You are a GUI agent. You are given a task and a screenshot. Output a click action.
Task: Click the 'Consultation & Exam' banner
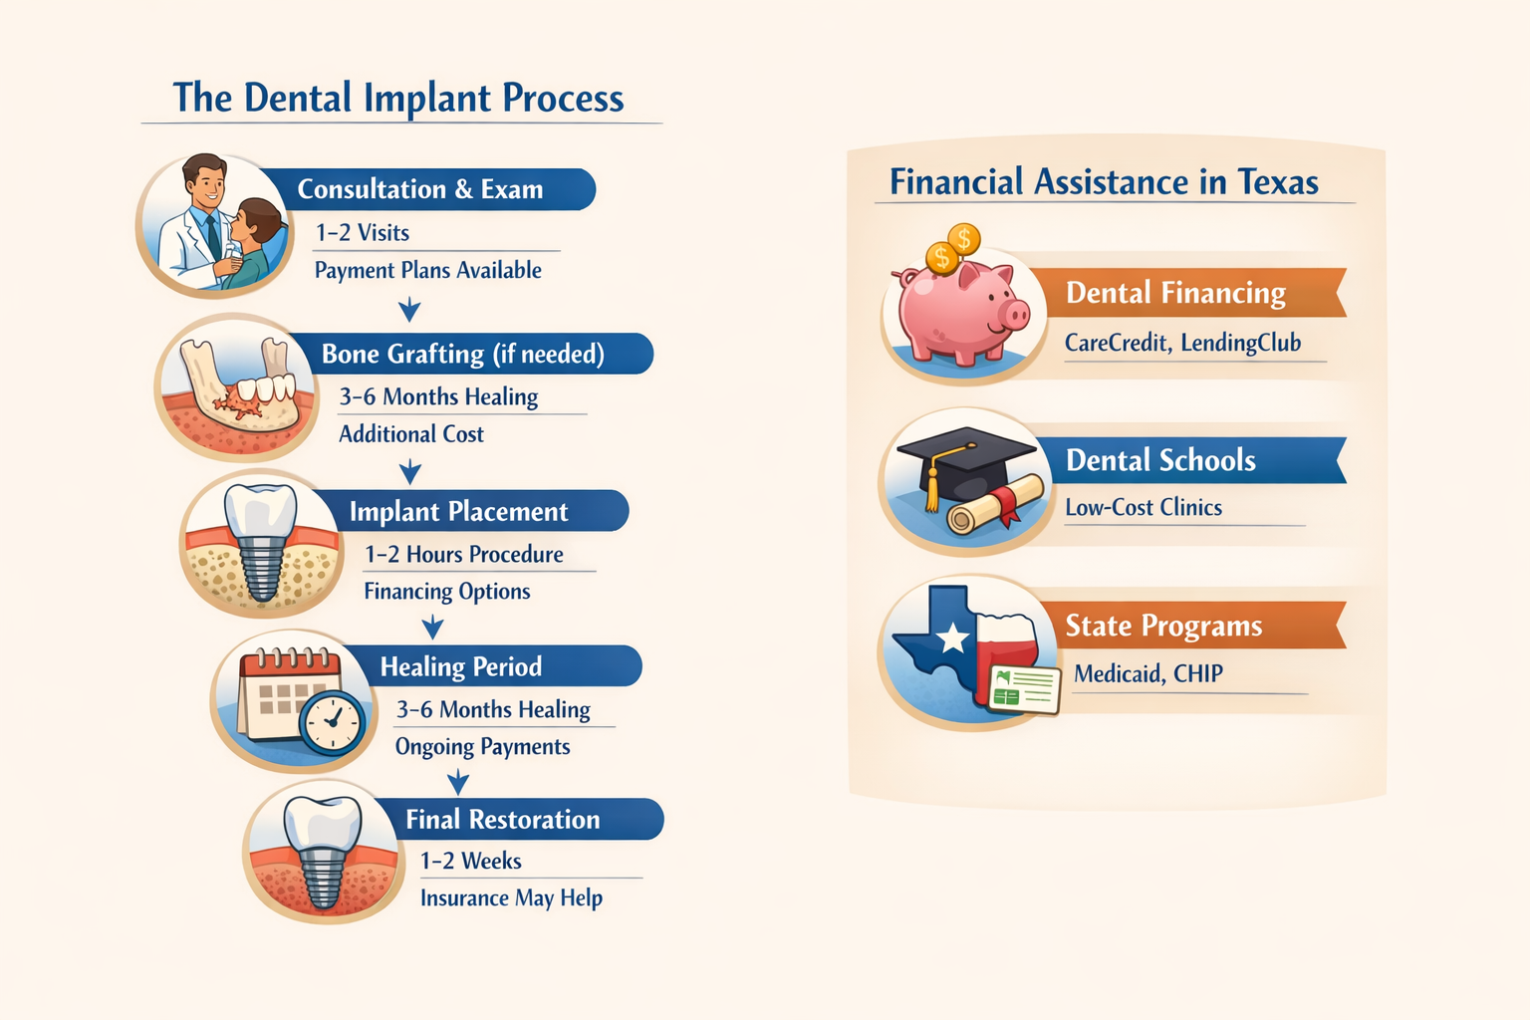pos(420,189)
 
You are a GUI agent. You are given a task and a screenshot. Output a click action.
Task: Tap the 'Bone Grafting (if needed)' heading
pos(462,355)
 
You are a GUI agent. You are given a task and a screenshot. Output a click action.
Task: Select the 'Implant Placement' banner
pos(458,512)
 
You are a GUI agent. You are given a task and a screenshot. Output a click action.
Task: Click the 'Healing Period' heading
pos(461,666)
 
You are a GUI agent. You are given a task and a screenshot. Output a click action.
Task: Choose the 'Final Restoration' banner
pos(502,820)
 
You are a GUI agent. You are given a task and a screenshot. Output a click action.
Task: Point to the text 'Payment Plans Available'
pos(427,271)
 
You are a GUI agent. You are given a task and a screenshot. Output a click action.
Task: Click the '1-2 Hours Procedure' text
pos(463,555)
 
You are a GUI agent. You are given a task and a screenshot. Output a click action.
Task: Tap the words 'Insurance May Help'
pos(511,898)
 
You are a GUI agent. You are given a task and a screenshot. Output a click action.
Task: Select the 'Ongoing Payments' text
pos(482,747)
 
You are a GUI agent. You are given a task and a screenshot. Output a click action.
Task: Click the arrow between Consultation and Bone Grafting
pos(409,311)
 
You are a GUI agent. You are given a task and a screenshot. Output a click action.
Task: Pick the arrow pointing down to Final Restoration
pos(457,781)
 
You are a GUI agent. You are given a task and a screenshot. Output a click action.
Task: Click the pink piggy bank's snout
pos(1014,317)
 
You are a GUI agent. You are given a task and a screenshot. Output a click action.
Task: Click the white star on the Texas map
pos(952,637)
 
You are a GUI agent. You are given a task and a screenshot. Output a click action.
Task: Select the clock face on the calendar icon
pos(333,720)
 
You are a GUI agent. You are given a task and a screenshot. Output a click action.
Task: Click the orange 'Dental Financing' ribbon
pos(1175,293)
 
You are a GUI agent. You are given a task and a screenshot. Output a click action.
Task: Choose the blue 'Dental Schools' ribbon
pos(1161,460)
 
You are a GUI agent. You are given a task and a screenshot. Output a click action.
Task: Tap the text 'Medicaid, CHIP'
pos(1147,674)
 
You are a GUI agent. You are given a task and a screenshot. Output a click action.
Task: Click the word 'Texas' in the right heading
pos(1277,182)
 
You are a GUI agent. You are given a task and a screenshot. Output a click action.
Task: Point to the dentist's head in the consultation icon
pos(206,180)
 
